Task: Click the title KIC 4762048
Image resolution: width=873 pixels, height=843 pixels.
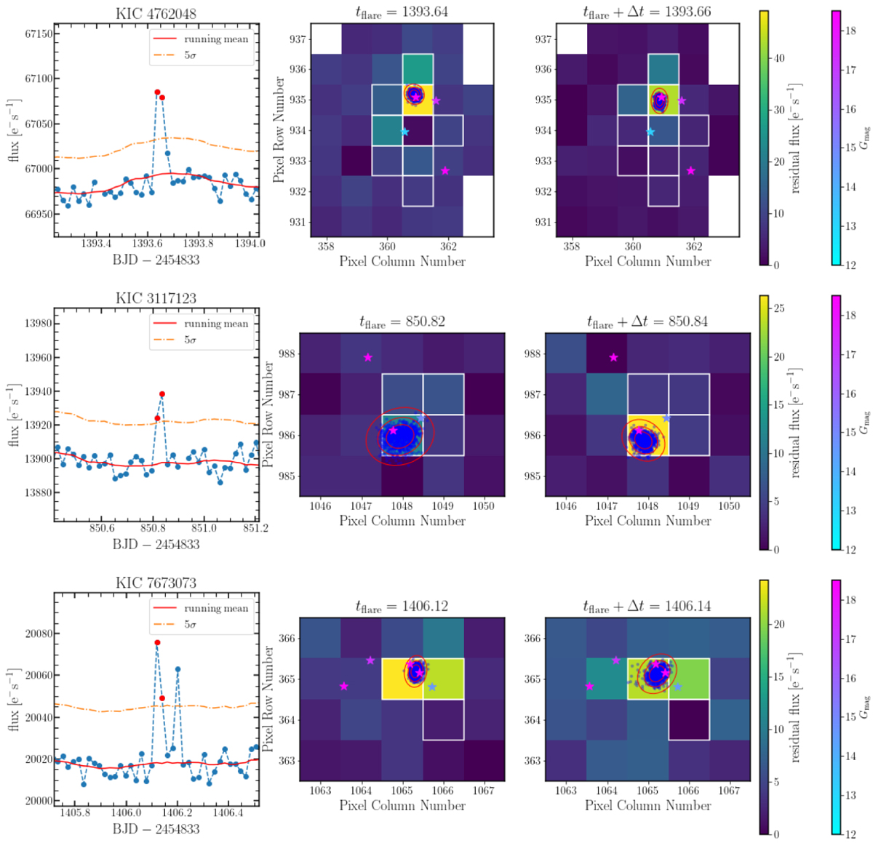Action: point(155,13)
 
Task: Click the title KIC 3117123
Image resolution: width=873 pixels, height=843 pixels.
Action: point(155,297)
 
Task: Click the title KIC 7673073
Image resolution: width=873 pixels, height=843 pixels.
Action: point(155,583)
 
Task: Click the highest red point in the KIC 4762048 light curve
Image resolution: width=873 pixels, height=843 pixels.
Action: point(157,92)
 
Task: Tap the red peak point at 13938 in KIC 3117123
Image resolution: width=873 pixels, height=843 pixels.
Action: point(162,394)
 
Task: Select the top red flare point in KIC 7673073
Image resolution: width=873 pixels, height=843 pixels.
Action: point(157,643)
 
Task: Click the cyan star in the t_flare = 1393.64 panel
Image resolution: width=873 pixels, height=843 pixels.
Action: point(404,132)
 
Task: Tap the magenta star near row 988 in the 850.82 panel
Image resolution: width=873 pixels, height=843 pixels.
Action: point(368,357)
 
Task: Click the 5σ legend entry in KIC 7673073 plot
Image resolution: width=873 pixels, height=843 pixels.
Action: point(190,624)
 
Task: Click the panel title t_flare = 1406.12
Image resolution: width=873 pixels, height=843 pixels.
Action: point(402,606)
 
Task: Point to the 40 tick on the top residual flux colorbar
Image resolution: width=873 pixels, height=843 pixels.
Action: point(780,58)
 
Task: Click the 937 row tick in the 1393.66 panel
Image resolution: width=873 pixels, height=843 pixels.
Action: point(543,39)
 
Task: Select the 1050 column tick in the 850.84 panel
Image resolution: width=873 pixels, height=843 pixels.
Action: point(729,506)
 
